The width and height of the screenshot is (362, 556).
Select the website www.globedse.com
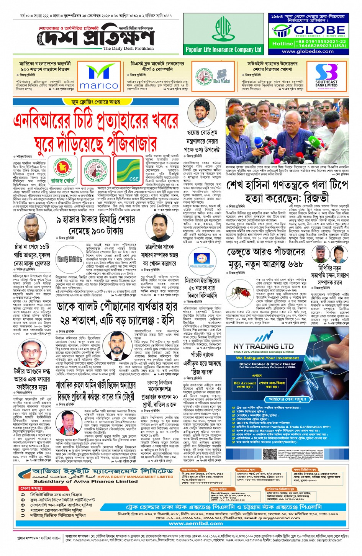click(308, 51)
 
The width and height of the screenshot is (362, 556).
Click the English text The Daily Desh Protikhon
click(128, 49)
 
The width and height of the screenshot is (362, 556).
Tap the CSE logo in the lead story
click(128, 171)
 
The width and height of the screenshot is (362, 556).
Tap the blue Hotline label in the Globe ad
click(283, 44)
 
